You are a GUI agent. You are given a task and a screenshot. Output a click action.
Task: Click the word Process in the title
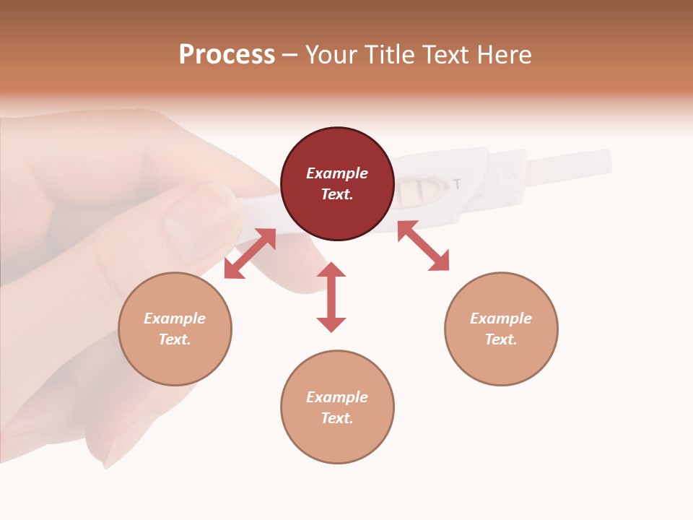(227, 55)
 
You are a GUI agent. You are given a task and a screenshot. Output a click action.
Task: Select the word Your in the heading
(331, 55)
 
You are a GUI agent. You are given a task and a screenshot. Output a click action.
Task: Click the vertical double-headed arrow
(331, 297)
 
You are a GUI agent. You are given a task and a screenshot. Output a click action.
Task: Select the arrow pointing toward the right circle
(423, 246)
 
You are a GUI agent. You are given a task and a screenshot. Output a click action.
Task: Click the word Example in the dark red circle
(337, 173)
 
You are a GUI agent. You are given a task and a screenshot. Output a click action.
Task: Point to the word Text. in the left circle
(175, 339)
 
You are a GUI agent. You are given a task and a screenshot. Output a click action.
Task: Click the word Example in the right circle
(501, 318)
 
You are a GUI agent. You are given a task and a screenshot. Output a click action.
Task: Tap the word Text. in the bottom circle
(337, 418)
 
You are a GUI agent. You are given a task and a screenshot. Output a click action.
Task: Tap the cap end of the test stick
(570, 165)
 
